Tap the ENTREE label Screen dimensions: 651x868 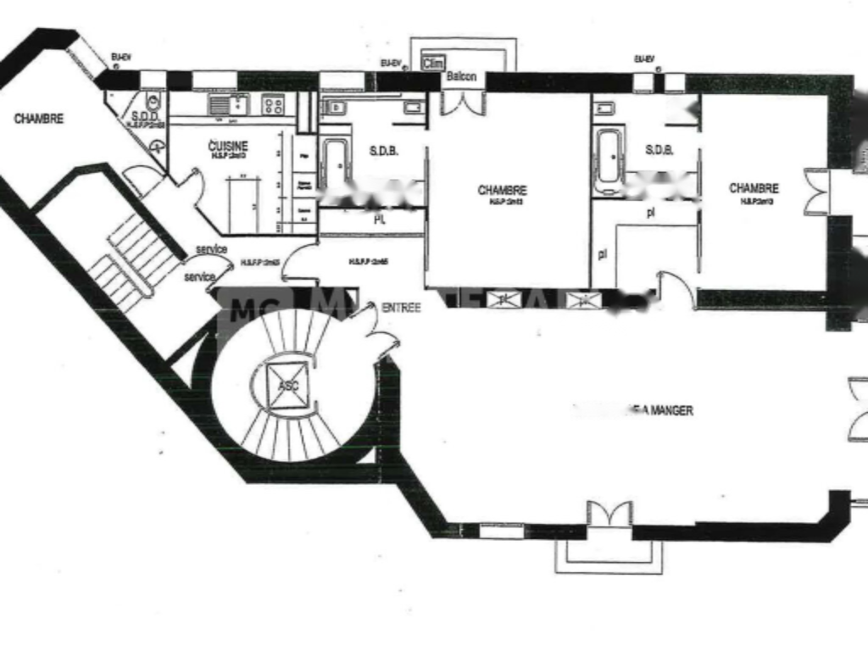pos(401,309)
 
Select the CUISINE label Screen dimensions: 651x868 pos(228,147)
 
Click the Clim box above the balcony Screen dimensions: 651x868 pos(432,61)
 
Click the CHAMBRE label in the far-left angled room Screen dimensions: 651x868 pos(38,119)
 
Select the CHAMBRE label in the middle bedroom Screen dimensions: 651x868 pos(502,191)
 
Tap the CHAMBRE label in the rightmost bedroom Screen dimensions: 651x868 pos(754,188)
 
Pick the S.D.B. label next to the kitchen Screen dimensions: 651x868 pos(384,152)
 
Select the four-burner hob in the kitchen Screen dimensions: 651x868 pos(273,105)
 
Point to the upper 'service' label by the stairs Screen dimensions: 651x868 pos(211,249)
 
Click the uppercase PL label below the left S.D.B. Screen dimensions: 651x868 pos(380,218)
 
